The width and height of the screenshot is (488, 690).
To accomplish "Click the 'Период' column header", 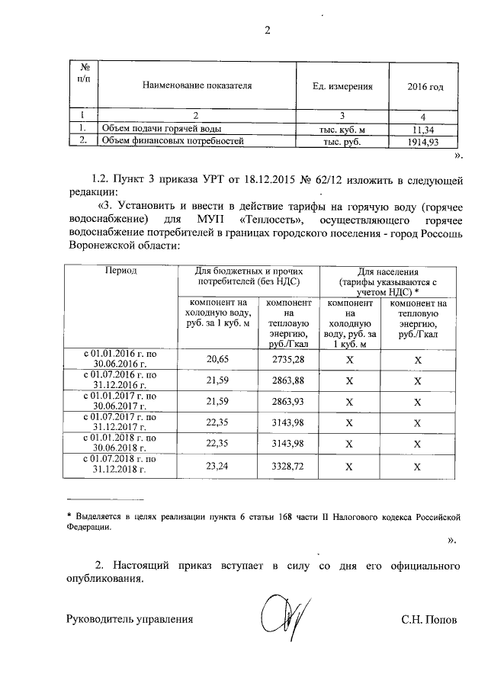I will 121,271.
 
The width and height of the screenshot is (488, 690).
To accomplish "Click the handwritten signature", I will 283,619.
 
